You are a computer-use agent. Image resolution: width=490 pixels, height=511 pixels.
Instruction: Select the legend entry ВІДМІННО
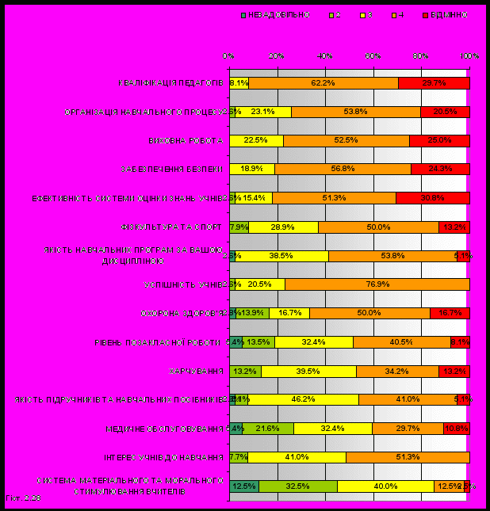[448, 15]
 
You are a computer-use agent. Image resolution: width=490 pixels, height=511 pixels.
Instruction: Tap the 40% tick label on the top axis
[325, 56]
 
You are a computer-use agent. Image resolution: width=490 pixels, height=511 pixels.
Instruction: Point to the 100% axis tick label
[469, 56]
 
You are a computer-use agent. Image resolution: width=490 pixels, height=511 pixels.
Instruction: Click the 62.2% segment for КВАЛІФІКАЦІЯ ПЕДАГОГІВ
[323, 82]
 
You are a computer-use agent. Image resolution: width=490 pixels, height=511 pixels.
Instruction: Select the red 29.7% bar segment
[434, 82]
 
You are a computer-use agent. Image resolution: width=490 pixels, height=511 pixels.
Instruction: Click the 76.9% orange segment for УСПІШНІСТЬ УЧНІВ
[377, 284]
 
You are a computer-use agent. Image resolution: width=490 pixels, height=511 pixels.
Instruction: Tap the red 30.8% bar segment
[432, 198]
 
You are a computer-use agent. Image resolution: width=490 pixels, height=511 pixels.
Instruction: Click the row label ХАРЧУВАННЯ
[196, 371]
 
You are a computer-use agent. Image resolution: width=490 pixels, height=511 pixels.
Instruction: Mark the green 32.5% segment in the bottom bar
[297, 486]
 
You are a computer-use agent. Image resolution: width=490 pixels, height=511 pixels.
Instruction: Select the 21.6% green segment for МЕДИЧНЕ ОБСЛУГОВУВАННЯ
[268, 429]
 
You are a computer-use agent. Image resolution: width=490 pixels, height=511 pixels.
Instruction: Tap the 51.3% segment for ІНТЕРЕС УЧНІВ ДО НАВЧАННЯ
[408, 457]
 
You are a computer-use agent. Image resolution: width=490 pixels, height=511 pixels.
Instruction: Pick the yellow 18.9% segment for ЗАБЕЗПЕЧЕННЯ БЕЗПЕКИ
[252, 169]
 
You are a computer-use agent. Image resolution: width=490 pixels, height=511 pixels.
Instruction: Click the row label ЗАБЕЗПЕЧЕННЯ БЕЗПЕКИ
[173, 169]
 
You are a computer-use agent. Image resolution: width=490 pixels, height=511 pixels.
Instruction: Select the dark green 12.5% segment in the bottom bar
[244, 486]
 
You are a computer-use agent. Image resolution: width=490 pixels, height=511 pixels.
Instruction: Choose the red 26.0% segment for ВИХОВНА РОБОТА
[439, 140]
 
